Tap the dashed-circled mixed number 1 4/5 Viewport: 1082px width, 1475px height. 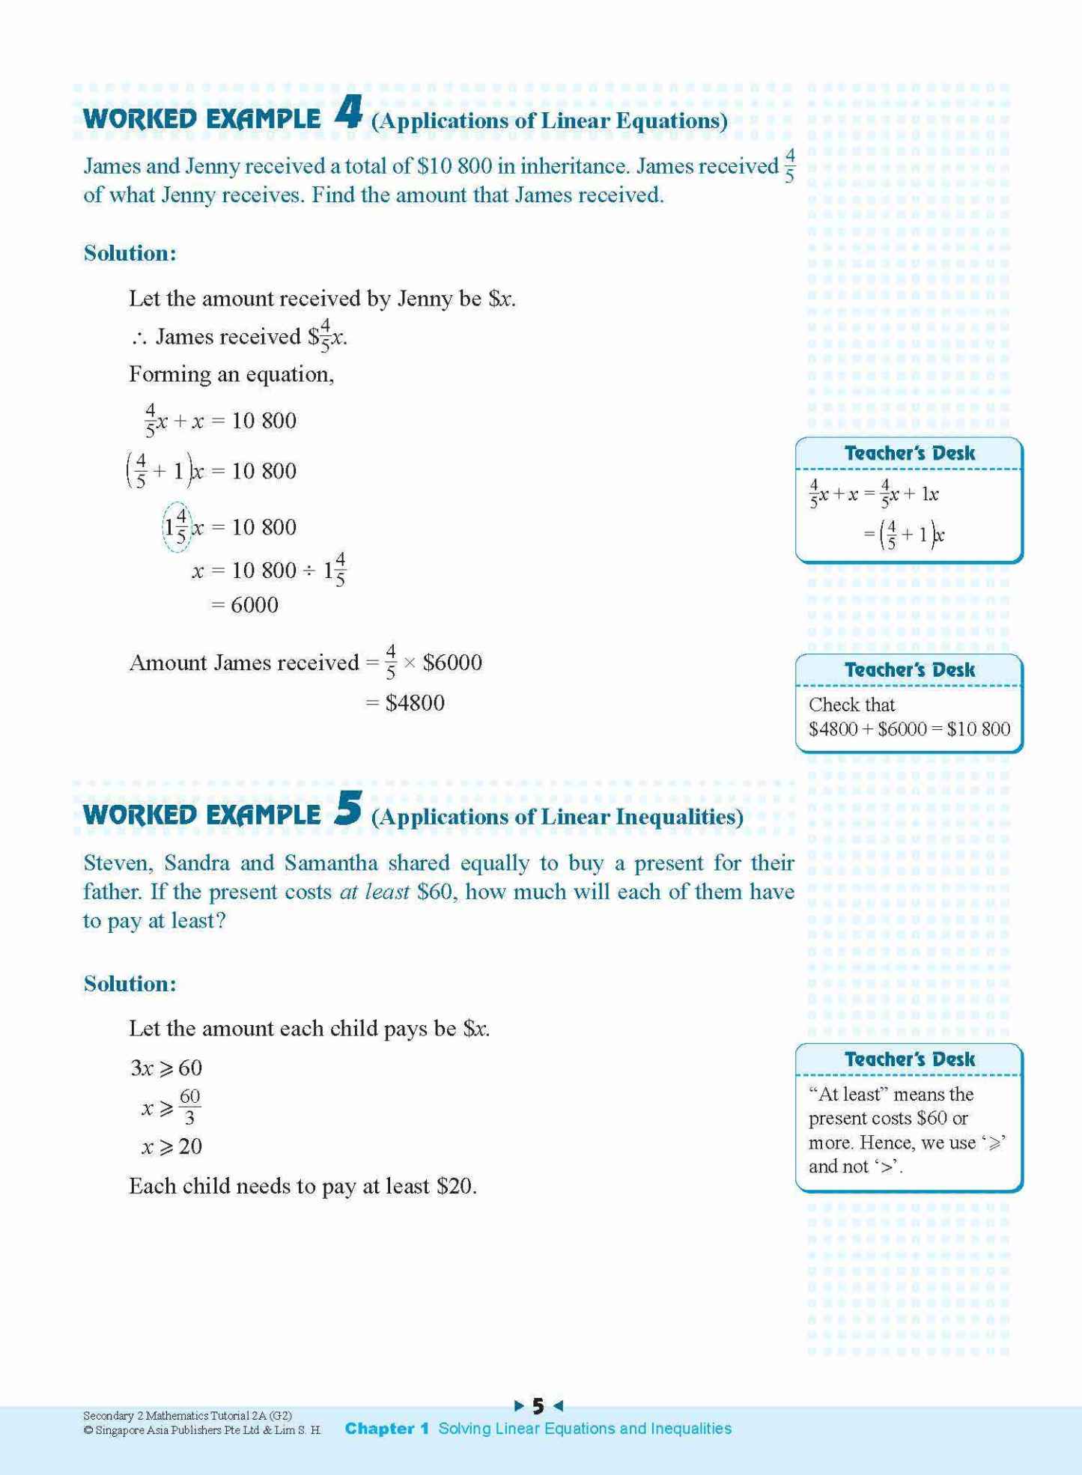(177, 527)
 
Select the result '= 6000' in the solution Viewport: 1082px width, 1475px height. (245, 605)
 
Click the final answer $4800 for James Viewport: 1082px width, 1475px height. (415, 703)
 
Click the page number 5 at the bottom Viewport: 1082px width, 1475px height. (538, 1406)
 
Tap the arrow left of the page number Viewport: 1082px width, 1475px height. (519, 1406)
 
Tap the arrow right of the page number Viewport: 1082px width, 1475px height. (557, 1406)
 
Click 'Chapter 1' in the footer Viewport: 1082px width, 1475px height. (386, 1429)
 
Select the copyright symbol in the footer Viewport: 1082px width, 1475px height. (88, 1430)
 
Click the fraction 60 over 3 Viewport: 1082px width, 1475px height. (189, 1107)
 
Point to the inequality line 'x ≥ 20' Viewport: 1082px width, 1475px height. (171, 1146)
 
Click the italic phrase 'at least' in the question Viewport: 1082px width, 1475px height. (374, 892)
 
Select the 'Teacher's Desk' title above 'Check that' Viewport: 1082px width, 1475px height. (909, 669)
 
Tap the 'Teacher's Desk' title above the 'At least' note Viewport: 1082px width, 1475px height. (909, 1059)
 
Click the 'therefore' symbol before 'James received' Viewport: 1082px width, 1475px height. (139, 338)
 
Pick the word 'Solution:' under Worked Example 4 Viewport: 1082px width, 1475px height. (130, 253)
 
